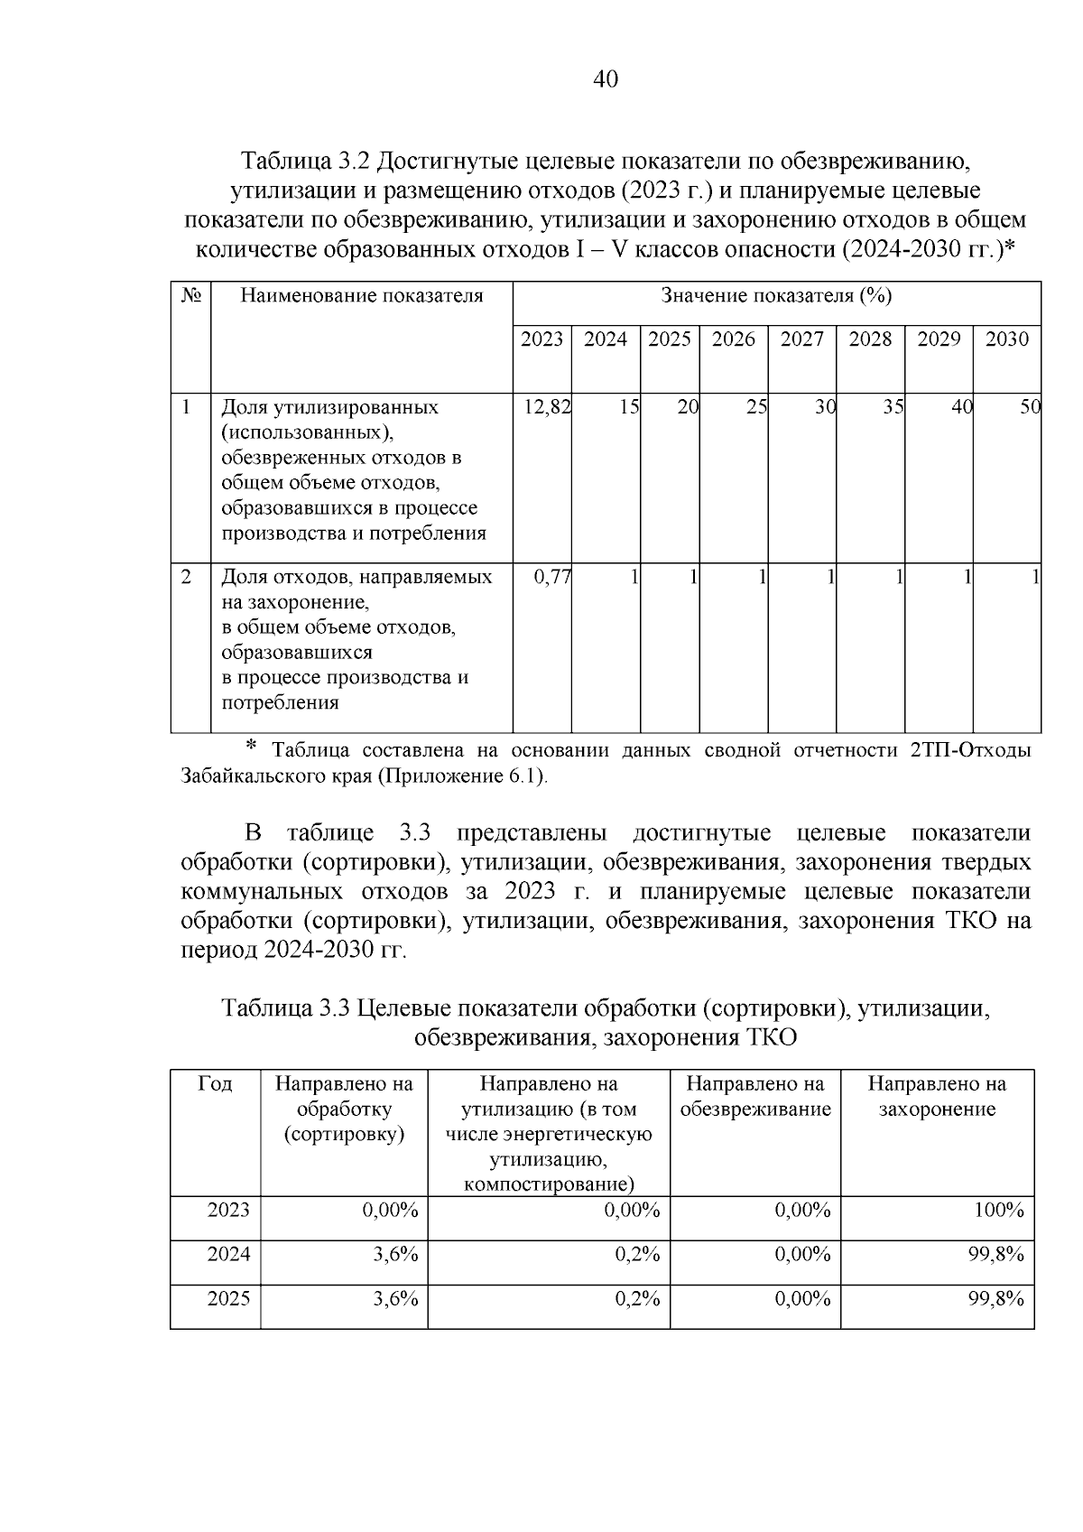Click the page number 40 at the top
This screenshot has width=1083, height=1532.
[606, 80]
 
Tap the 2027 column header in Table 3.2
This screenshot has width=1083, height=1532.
[801, 339]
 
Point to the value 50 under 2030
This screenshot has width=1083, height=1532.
[1030, 407]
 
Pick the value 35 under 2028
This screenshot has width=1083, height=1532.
[893, 407]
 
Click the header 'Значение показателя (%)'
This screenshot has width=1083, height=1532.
[776, 296]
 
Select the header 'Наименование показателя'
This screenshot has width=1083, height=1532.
[361, 296]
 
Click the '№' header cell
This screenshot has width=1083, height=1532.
[190, 296]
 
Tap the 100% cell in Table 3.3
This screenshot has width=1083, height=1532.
[998, 1211]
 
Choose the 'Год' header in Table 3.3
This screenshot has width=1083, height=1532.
[215, 1084]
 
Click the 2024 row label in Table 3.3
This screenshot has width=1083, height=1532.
[228, 1255]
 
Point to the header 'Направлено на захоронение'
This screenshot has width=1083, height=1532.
[937, 1096]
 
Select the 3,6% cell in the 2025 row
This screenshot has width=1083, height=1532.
[395, 1299]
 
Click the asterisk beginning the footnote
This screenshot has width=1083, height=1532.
[252, 746]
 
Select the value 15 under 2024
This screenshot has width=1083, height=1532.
[629, 407]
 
